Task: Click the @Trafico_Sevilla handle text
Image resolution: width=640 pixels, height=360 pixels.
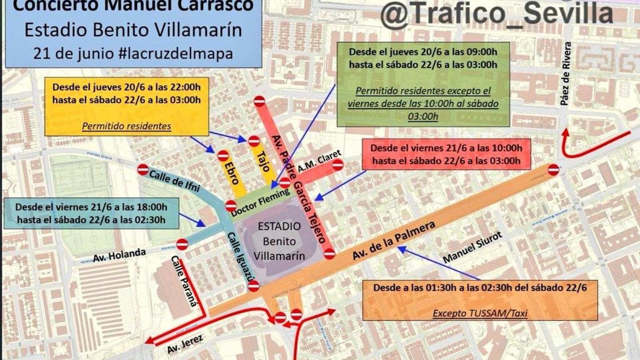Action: [496, 14]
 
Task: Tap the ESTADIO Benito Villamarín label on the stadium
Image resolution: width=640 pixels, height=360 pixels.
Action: [279, 241]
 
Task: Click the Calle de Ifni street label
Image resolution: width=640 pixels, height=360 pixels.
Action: [174, 181]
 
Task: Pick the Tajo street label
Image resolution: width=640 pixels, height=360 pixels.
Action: [263, 162]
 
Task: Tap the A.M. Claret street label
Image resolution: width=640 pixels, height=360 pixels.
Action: [319, 161]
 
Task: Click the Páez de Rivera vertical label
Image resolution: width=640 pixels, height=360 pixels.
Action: [565, 74]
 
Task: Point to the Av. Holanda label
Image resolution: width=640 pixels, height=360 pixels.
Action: [119, 255]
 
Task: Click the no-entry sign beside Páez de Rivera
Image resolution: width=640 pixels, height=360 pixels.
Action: [553, 170]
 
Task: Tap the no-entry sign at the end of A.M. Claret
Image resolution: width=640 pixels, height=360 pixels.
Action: [338, 164]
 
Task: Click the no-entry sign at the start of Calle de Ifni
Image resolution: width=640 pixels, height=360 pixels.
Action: [143, 169]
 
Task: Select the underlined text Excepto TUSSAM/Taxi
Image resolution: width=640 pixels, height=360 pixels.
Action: [480, 313]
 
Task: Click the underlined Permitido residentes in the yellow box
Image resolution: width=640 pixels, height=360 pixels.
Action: [126, 126]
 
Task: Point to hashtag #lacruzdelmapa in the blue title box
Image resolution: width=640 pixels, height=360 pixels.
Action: [176, 53]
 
